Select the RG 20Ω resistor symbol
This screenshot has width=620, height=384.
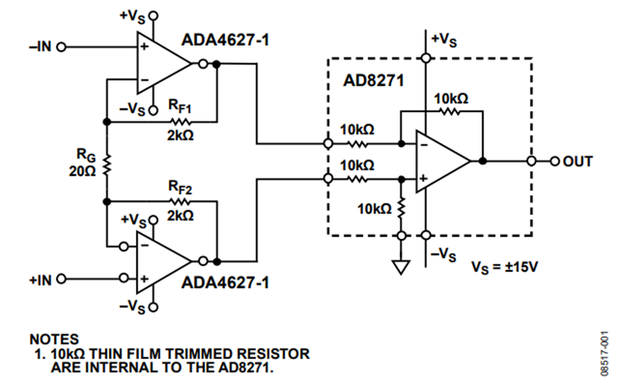click(x=107, y=163)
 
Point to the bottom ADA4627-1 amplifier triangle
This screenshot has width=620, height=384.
click(x=160, y=262)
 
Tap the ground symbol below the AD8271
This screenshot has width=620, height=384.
click(x=400, y=267)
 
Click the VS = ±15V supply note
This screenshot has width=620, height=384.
click(x=504, y=266)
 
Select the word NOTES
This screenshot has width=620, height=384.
click(x=54, y=339)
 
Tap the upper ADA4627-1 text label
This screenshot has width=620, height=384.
click(x=225, y=40)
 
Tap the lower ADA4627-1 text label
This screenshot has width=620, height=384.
click(x=225, y=283)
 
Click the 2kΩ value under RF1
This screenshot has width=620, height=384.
click(x=180, y=136)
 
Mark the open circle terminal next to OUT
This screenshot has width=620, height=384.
click(x=531, y=161)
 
